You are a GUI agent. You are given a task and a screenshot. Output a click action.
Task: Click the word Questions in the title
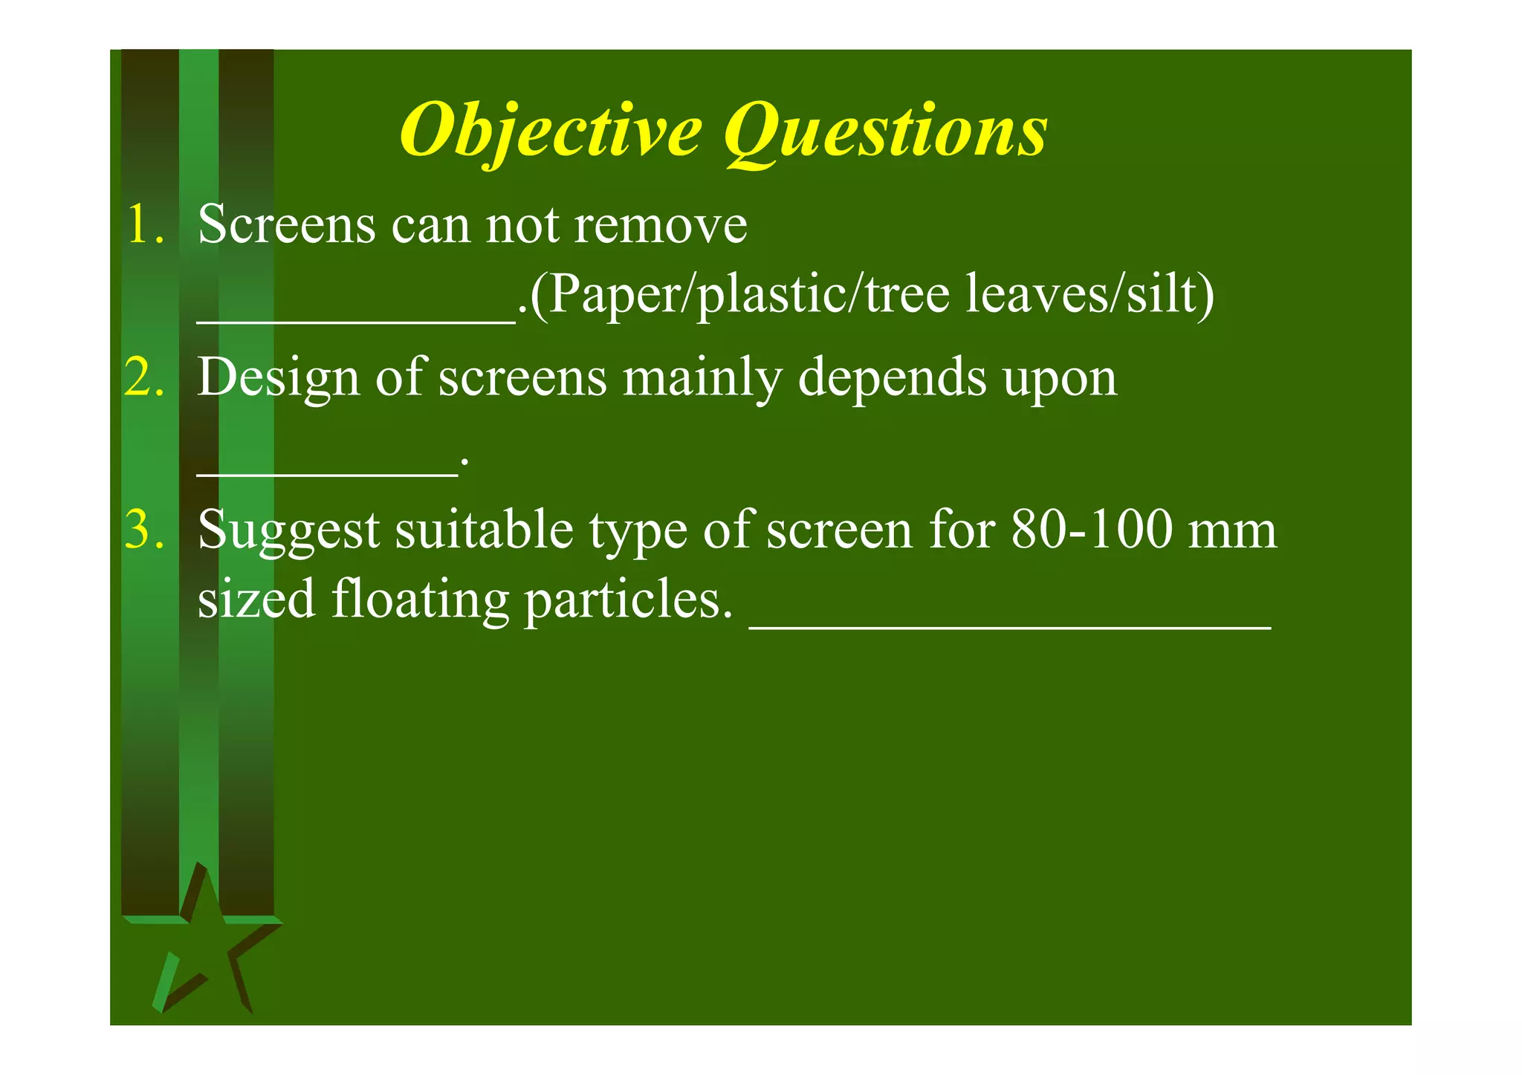[x=886, y=132]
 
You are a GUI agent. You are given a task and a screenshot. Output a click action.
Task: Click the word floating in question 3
[x=420, y=600]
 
